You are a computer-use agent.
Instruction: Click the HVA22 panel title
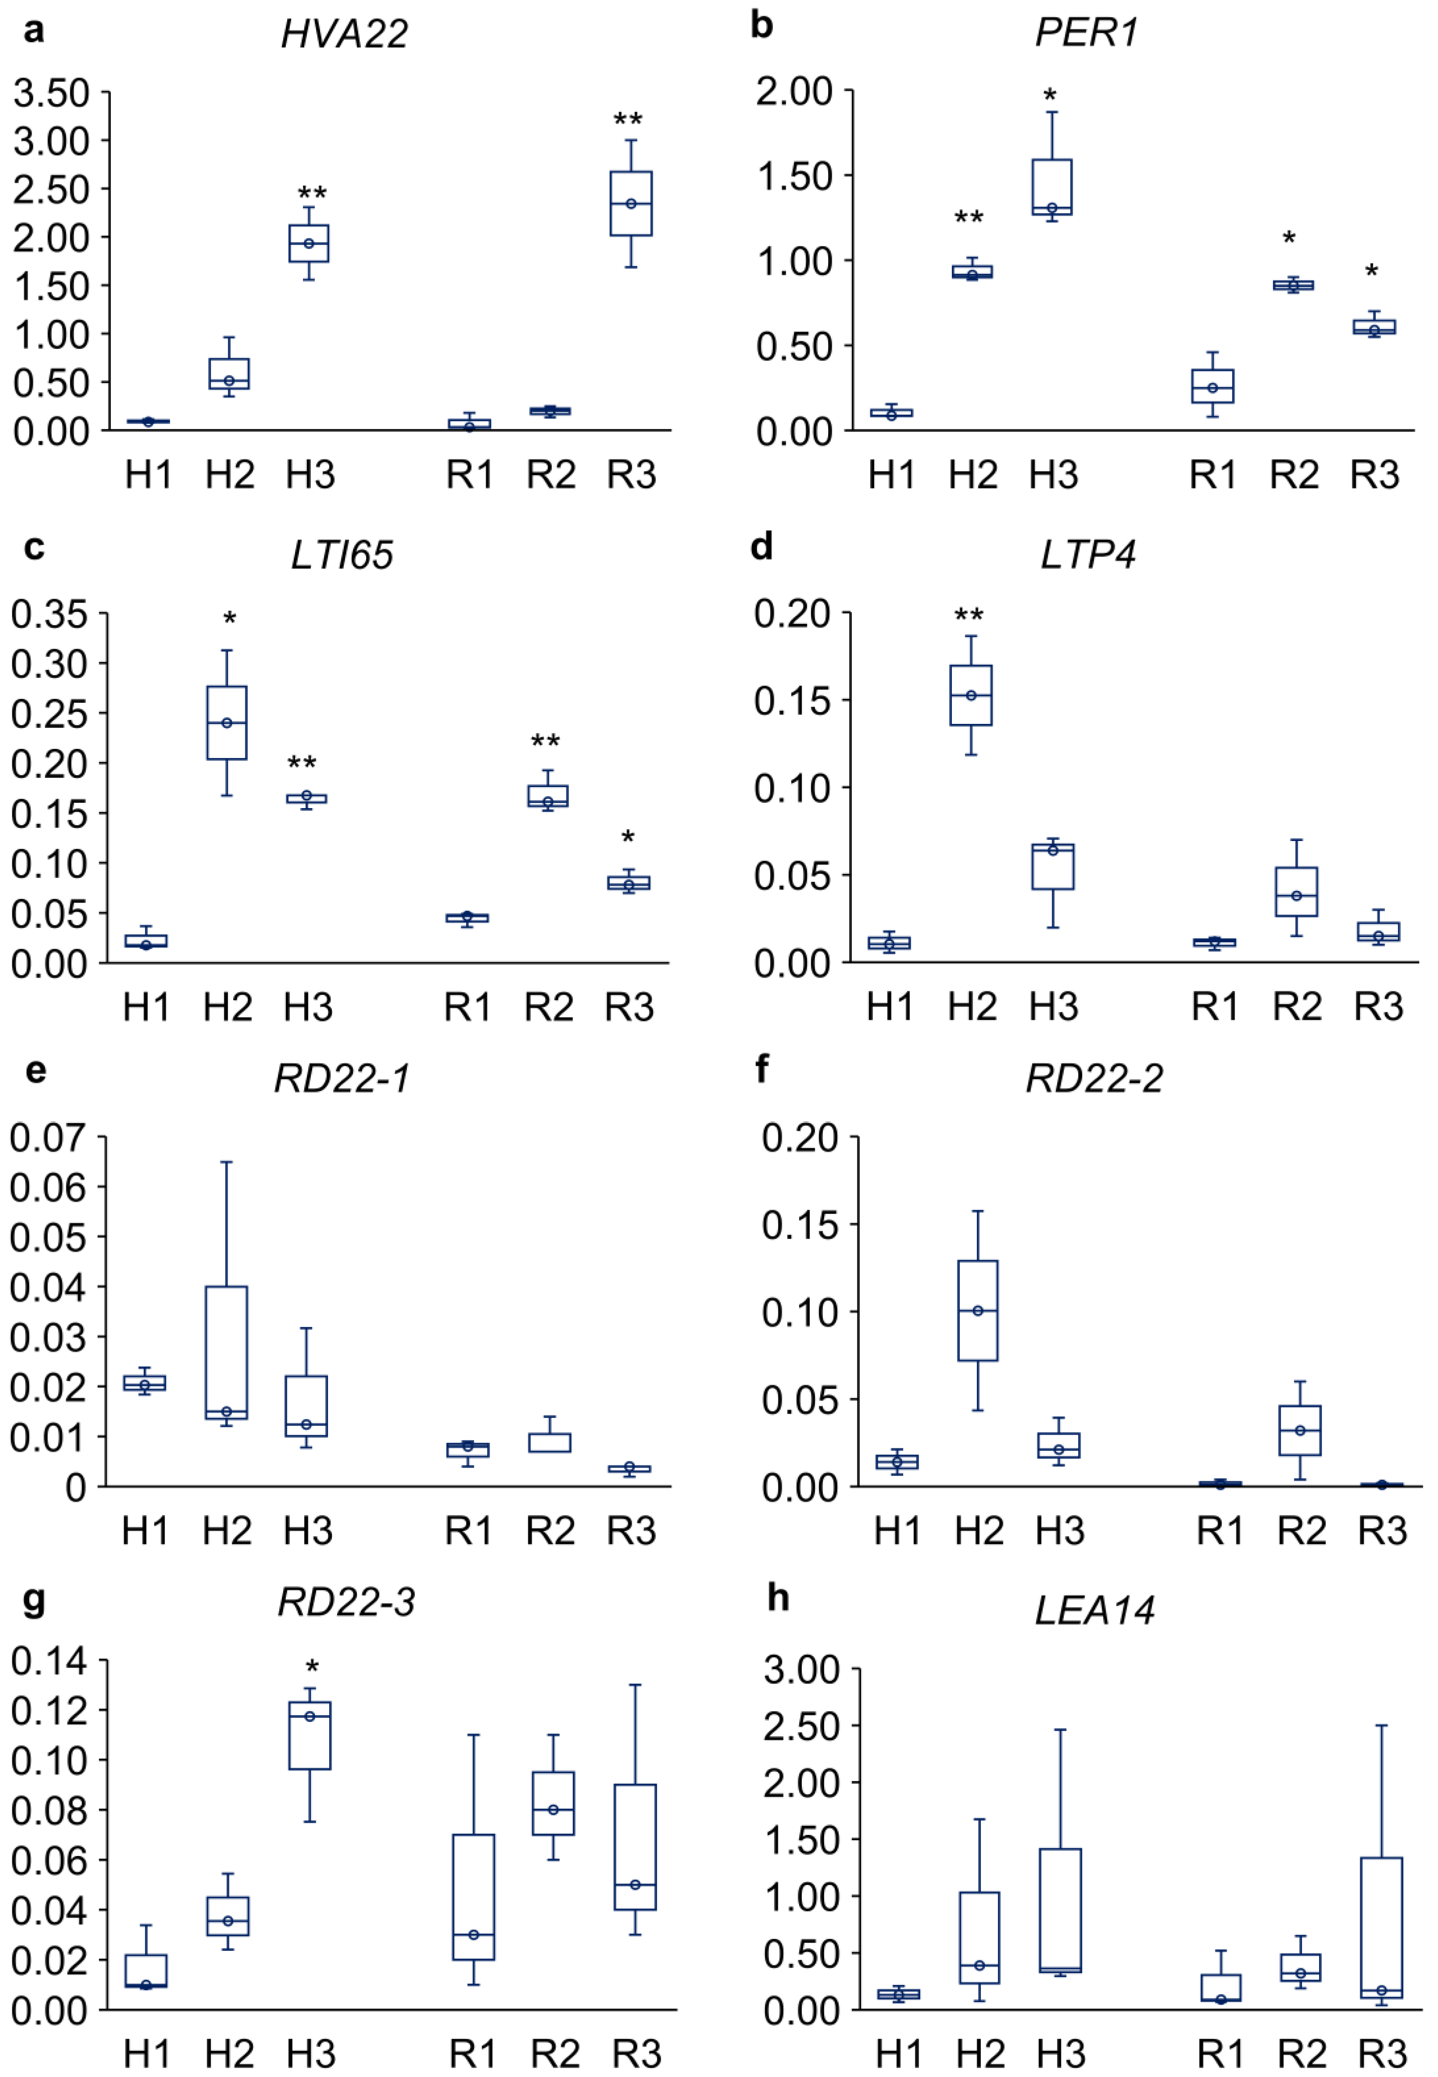(x=344, y=34)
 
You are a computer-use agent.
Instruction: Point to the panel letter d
(x=762, y=545)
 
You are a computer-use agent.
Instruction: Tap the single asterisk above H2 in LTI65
(x=230, y=619)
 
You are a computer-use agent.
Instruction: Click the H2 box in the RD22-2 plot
(x=978, y=1310)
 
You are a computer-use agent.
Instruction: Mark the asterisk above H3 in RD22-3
(x=312, y=1667)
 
